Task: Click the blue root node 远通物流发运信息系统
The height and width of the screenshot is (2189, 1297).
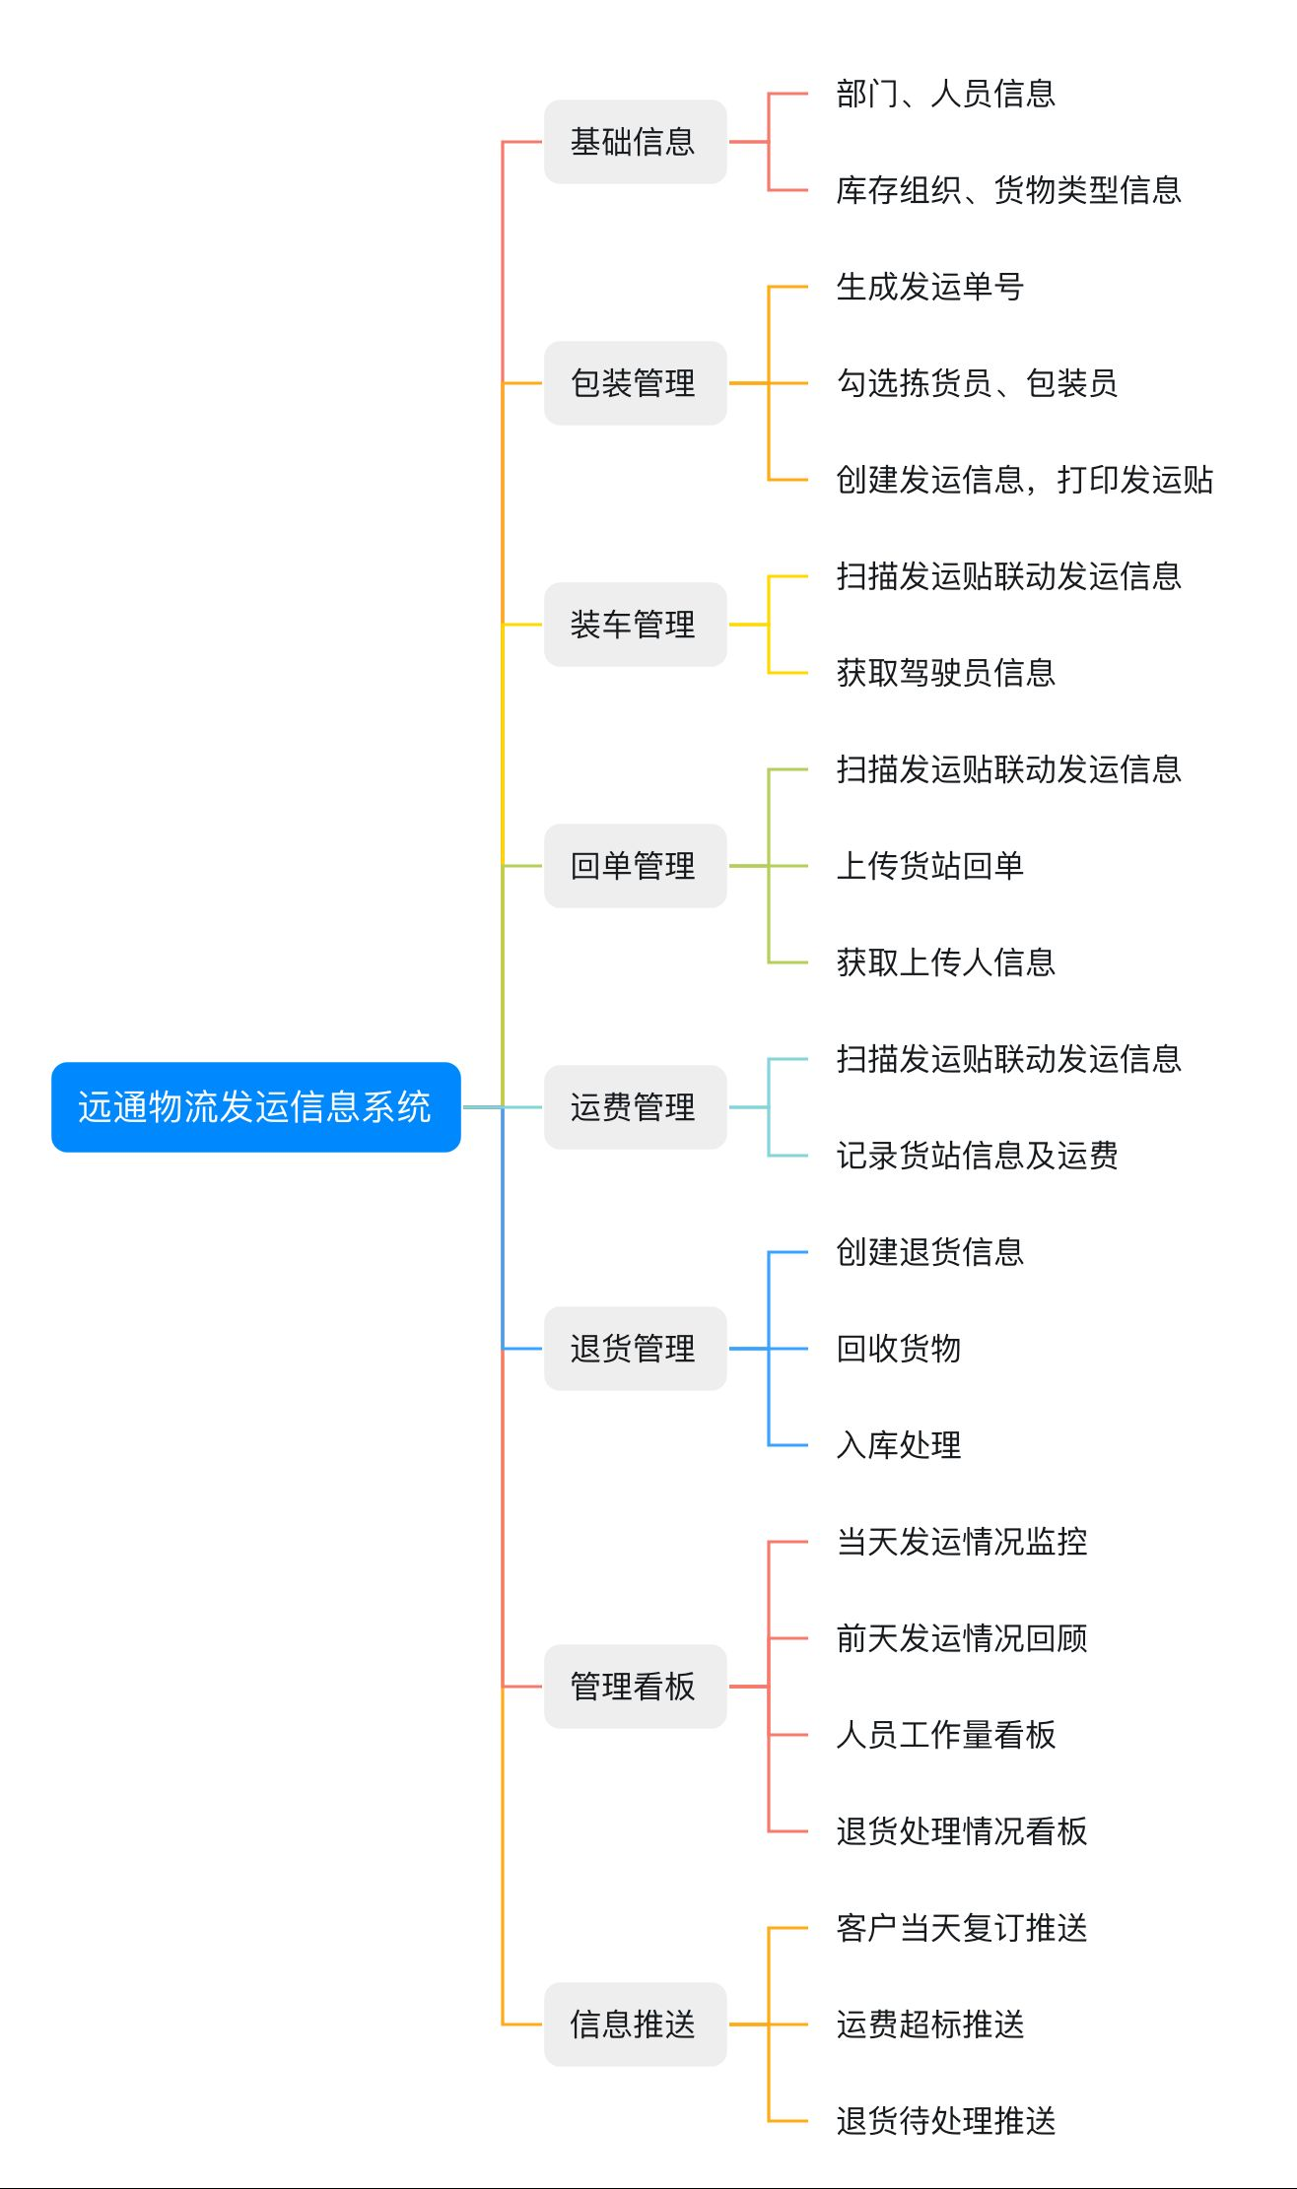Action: point(256,1106)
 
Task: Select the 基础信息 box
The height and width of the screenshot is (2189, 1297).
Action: point(635,142)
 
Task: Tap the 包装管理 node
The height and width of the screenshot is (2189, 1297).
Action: point(635,383)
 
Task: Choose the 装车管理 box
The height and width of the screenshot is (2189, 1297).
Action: point(635,625)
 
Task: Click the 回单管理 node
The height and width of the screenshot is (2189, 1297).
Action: point(635,866)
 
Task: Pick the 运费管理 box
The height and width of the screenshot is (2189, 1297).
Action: point(635,1107)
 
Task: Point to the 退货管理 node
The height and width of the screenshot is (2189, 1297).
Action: point(635,1349)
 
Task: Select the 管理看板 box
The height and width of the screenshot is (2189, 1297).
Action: point(635,1687)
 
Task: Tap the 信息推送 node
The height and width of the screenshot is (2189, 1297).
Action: point(635,2024)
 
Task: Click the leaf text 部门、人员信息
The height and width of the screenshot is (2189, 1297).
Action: point(946,94)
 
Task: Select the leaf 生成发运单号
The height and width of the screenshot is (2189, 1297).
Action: point(930,287)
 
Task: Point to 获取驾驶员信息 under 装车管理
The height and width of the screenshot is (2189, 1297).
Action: point(946,673)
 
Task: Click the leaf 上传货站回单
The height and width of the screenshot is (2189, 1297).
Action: point(930,866)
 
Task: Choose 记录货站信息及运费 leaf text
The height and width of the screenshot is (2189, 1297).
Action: point(978,1156)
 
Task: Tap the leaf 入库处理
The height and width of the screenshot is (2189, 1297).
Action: point(899,1445)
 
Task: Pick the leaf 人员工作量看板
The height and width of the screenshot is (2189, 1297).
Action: point(946,1735)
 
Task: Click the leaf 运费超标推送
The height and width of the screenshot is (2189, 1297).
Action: point(930,2024)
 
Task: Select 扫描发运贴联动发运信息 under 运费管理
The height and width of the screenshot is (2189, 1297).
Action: point(1009,1059)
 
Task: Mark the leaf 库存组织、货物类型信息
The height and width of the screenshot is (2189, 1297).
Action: point(1009,190)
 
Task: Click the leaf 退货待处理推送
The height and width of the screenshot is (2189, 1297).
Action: point(946,2121)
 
